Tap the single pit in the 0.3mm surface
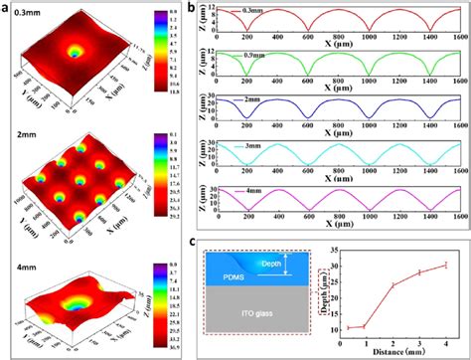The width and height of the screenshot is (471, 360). pos(75,50)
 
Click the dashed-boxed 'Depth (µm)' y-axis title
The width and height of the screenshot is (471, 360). pos(356,294)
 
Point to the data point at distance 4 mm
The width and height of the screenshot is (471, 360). pos(445,265)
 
